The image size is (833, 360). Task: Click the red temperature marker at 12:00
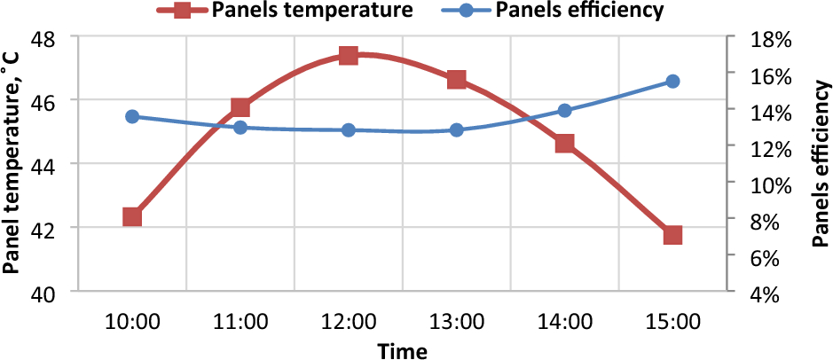[348, 56]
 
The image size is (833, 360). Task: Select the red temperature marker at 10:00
[132, 217]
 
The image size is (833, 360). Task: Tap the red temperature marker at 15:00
[672, 235]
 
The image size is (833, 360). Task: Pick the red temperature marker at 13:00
[457, 80]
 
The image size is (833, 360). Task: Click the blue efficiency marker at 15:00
[672, 82]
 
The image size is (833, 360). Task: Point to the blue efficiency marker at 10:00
[132, 116]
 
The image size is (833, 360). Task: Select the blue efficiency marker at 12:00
[348, 129]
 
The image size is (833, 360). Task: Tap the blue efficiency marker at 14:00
[565, 111]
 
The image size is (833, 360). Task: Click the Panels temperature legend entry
[301, 12]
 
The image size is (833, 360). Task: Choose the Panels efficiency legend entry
[581, 12]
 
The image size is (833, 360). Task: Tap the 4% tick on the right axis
[765, 293]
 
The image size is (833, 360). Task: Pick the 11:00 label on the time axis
[240, 321]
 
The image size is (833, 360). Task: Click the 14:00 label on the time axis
[565, 321]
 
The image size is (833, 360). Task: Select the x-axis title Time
[402, 350]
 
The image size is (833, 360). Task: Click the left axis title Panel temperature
[12, 165]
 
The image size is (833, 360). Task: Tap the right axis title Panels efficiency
[821, 165]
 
